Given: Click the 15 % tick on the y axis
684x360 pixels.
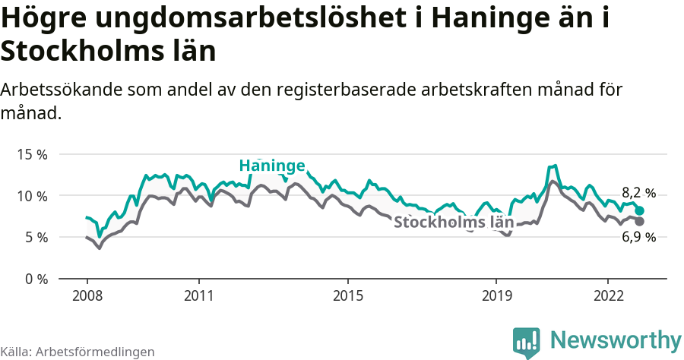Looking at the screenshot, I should [x=32, y=154].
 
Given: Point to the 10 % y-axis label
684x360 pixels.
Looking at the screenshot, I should [x=32, y=196].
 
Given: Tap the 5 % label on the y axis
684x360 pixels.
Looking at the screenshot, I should [x=35, y=237].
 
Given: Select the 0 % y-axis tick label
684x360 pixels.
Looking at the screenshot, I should [x=35, y=279].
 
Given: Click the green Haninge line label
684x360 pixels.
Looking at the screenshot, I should [x=272, y=166].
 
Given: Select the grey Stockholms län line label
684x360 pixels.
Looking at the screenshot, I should [x=453, y=223].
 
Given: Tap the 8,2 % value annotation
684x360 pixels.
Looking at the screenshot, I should [x=638, y=193].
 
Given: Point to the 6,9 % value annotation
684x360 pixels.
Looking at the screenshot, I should [x=638, y=238].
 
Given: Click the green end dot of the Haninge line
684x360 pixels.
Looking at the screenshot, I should [x=640, y=210].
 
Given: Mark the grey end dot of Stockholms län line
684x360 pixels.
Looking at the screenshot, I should [x=640, y=221].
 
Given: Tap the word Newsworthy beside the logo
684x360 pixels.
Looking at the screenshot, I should [x=616, y=339].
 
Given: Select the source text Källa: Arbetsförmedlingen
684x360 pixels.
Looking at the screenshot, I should [x=78, y=352].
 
